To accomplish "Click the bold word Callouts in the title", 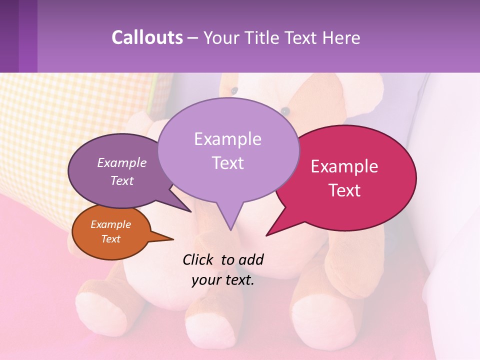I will point(147,37).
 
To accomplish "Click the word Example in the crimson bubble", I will point(344,166).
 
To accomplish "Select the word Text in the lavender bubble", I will point(228,163).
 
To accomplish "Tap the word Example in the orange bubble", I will point(111,224).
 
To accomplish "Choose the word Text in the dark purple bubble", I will point(122,180).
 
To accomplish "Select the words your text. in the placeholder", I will point(223,280).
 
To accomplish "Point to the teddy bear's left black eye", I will point(233,90).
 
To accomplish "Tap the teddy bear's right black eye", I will point(285,110).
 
